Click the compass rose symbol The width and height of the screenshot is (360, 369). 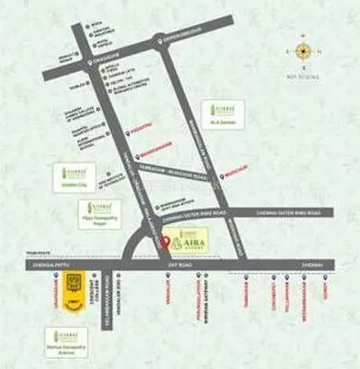point(304,51)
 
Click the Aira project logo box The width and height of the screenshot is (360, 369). point(189,240)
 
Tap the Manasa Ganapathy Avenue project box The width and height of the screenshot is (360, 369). point(70,342)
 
